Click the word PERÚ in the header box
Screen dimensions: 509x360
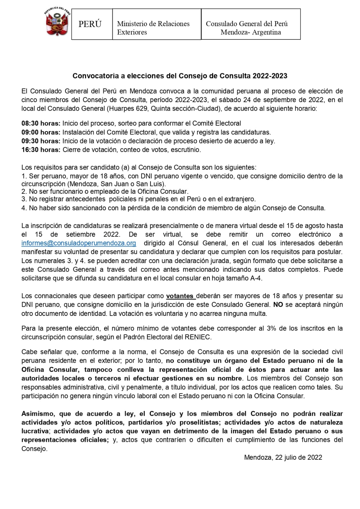pos(90,24)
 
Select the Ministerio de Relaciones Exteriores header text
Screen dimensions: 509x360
pos(153,28)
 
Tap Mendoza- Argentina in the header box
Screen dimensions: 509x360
pos(251,32)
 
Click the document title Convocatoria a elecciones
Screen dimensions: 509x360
pos(180,76)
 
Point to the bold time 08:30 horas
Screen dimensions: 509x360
pos(41,123)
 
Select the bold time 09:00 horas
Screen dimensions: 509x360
pos(41,132)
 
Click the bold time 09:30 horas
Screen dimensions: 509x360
pos(41,141)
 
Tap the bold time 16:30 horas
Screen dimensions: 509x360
pos(41,150)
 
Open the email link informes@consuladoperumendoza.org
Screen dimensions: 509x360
pos(79,243)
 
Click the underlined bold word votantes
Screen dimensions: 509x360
pos(180,296)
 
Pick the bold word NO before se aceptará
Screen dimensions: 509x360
pos(278,305)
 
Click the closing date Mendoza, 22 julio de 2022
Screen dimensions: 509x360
pos(283,457)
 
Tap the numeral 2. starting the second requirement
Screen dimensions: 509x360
pos(24,192)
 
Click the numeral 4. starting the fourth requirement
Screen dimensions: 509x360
pos(24,208)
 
